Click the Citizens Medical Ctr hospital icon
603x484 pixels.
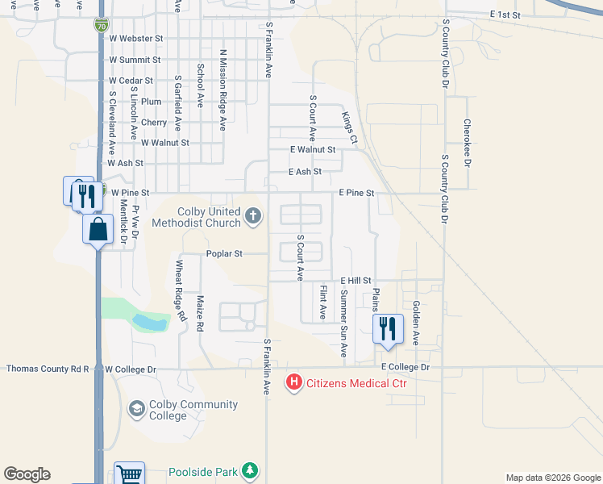click(295, 382)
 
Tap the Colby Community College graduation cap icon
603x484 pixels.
click(136, 410)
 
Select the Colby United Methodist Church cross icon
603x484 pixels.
click(253, 215)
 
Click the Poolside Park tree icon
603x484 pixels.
click(251, 470)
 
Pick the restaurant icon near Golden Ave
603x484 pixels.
click(388, 328)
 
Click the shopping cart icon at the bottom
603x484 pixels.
click(129, 474)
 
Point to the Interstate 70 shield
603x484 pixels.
click(100, 25)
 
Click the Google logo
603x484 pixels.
click(27, 474)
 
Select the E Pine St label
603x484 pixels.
click(356, 193)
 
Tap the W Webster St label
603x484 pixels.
click(136, 38)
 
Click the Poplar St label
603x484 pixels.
click(224, 253)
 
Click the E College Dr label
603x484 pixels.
click(406, 367)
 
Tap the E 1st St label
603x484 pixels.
click(505, 15)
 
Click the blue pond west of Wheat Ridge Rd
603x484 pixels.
click(150, 323)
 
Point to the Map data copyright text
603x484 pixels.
click(552, 478)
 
